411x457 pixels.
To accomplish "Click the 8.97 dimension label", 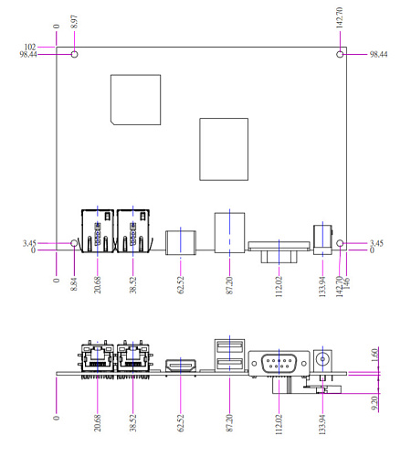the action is point(74,22).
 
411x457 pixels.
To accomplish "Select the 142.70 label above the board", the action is point(340,17).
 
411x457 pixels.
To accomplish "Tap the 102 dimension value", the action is point(30,47).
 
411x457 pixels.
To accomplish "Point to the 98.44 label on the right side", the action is point(378,54).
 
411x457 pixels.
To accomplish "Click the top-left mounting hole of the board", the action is point(74,54).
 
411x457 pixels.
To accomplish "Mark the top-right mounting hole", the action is point(340,54).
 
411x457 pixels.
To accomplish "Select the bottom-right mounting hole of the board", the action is point(340,243).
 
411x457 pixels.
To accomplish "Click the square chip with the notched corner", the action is point(135,100).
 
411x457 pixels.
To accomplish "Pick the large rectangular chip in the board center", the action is point(224,149).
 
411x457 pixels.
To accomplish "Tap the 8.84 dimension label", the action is point(74,284).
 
